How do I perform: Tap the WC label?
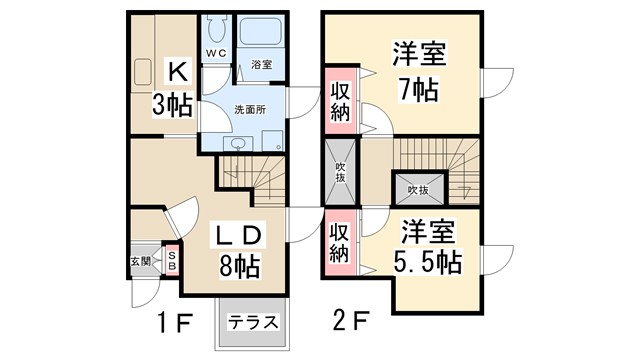[215, 52]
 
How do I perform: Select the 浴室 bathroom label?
[262, 64]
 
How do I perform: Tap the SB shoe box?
[172, 262]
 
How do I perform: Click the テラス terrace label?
[249, 322]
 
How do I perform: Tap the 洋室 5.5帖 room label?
[425, 248]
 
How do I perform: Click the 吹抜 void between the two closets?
[340, 172]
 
